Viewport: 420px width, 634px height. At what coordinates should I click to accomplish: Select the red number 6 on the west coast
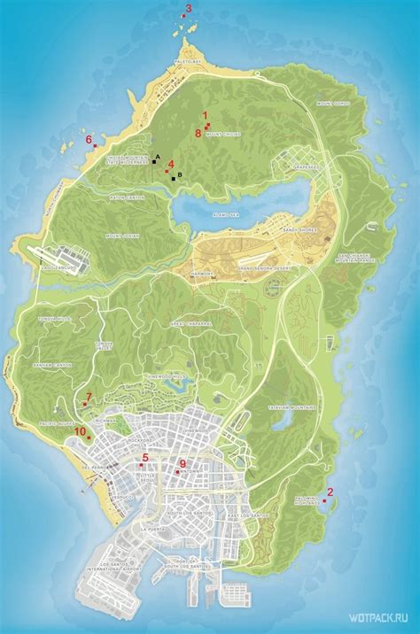pyautogui.click(x=89, y=139)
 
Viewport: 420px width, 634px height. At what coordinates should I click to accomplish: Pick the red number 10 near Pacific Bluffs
pyautogui.click(x=80, y=431)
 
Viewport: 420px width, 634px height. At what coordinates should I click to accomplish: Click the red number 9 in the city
pyautogui.click(x=183, y=463)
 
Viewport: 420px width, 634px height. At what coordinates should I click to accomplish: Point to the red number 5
pyautogui.click(x=145, y=457)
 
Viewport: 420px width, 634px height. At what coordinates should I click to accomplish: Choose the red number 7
pyautogui.click(x=89, y=395)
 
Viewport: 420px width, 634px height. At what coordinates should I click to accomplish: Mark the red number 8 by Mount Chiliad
pyautogui.click(x=198, y=133)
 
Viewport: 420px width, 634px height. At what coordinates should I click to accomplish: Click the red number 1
pyautogui.click(x=205, y=115)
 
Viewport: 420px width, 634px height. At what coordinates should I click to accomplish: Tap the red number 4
pyautogui.click(x=171, y=163)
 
